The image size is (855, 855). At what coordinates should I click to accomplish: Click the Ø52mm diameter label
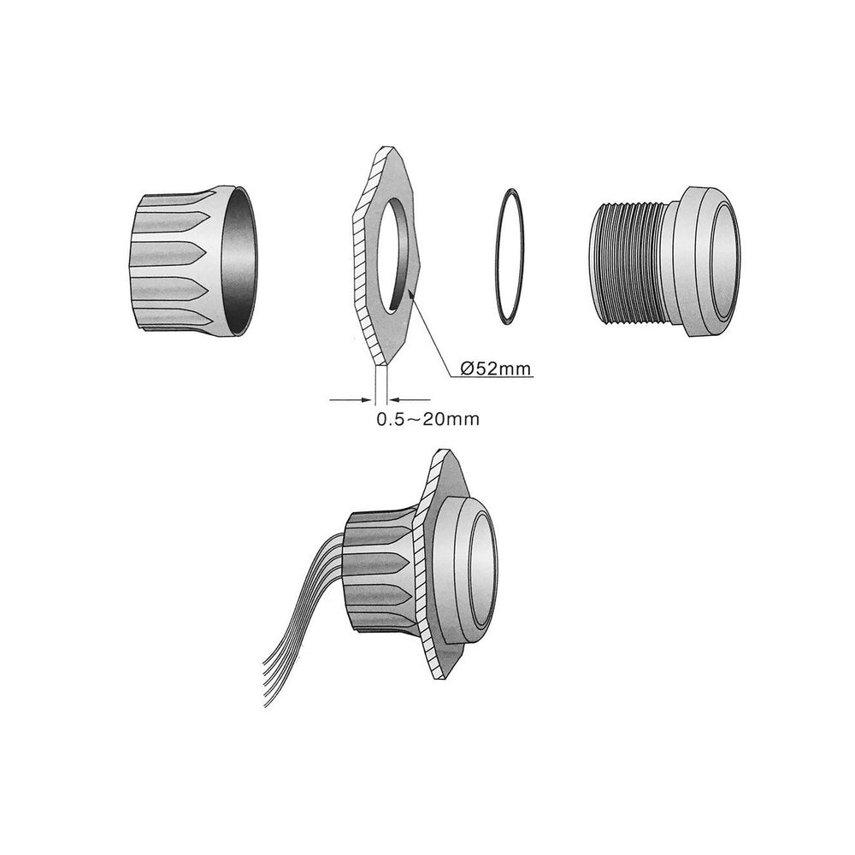tap(495, 369)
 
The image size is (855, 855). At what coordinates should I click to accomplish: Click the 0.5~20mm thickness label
tap(428, 419)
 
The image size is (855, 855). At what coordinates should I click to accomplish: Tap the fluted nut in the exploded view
tap(191, 261)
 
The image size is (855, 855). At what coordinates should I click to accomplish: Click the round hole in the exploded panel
tap(392, 256)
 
